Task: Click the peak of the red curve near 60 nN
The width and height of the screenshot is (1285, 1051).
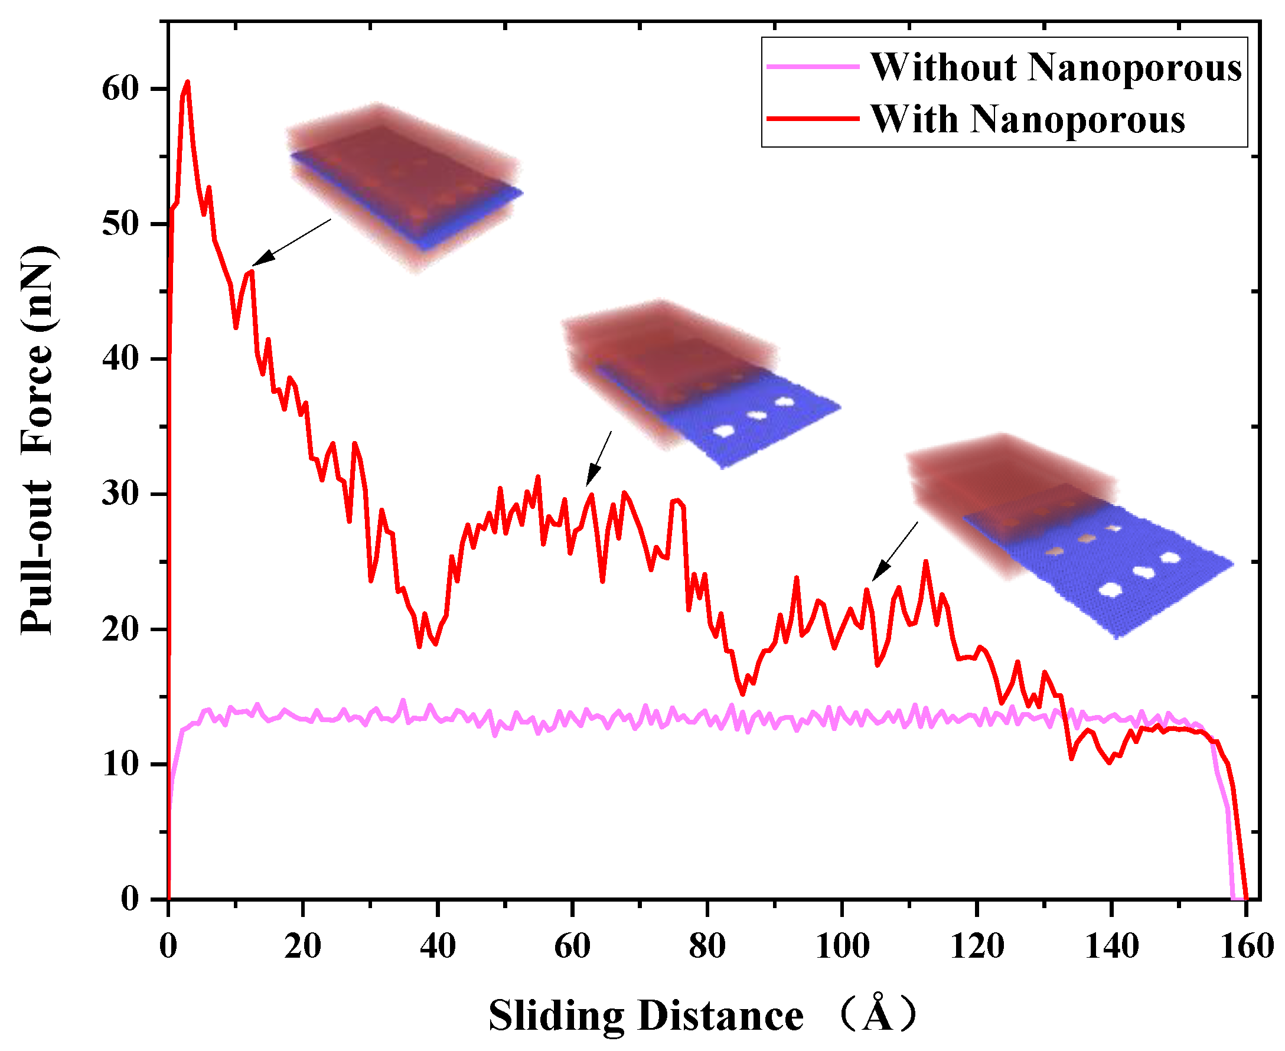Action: coord(187,81)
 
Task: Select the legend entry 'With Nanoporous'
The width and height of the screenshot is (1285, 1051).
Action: coord(1027,119)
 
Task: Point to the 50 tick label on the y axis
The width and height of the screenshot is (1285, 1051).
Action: coord(120,224)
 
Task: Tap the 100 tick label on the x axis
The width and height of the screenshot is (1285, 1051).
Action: coord(842,946)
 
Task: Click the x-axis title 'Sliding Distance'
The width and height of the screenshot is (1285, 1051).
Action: coord(645,1016)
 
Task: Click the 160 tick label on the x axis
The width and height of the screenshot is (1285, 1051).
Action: coord(1246,946)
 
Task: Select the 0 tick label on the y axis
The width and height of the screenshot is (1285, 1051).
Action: coord(129,899)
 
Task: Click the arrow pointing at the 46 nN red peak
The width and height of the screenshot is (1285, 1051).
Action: coord(291,242)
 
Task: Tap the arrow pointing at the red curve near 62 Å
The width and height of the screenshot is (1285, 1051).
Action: coord(599,458)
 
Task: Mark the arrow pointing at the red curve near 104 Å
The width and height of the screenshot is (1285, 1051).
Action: coord(895,551)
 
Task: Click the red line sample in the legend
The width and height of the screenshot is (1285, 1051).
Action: coord(813,119)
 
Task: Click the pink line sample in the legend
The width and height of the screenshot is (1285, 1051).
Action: coord(813,67)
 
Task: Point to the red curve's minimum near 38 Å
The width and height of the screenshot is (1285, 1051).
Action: coord(419,647)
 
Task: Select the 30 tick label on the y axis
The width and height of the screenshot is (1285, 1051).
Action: coord(120,494)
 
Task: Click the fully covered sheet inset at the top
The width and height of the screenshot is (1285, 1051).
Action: coord(405,185)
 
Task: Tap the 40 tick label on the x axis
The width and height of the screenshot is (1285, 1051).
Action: coord(437,946)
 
